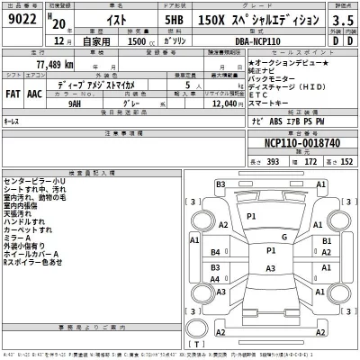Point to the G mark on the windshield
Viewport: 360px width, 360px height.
283,237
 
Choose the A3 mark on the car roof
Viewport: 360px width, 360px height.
271,268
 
